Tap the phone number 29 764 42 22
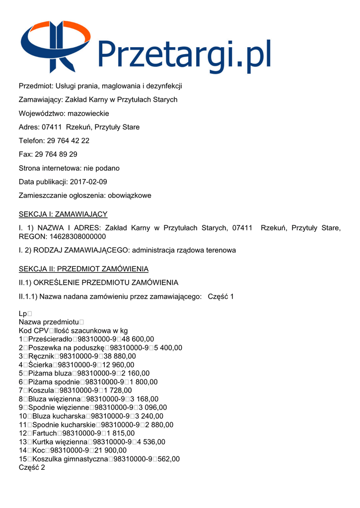pyautogui.click(x=68, y=141)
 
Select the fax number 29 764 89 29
pyautogui.click(x=56, y=154)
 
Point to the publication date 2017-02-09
pyautogui.click(x=88, y=182)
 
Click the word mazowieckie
pyautogui.click(x=88, y=113)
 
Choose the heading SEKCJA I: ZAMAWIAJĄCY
pyautogui.click(x=63, y=214)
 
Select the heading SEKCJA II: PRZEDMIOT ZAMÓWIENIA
pyautogui.click(x=83, y=269)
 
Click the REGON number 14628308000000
pyautogui.click(x=74, y=237)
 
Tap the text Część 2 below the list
pyautogui.click(x=32, y=467)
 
